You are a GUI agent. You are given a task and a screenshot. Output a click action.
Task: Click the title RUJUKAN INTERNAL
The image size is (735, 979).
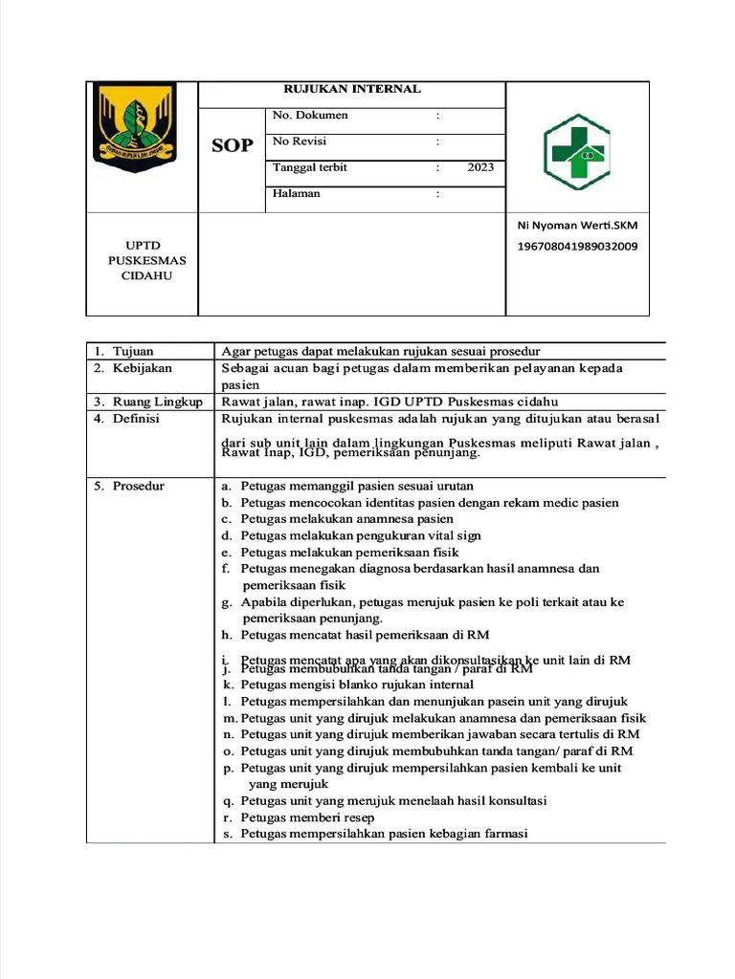pyautogui.click(x=351, y=89)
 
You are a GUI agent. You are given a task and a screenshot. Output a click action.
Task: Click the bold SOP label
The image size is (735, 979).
pyautogui.click(x=233, y=145)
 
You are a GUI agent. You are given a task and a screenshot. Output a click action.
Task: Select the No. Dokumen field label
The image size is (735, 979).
pyautogui.click(x=310, y=116)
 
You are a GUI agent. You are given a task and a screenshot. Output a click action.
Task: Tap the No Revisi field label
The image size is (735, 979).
pyautogui.click(x=300, y=141)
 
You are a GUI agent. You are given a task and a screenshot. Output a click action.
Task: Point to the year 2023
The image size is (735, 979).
pyautogui.click(x=480, y=167)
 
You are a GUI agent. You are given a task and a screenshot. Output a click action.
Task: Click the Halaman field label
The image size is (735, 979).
pyautogui.click(x=297, y=193)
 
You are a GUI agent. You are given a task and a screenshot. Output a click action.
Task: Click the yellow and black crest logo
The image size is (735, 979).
pyautogui.click(x=135, y=127)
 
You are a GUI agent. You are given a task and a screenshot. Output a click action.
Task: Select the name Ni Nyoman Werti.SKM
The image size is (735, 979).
pyautogui.click(x=576, y=226)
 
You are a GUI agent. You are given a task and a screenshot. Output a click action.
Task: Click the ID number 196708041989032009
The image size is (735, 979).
pyautogui.click(x=577, y=247)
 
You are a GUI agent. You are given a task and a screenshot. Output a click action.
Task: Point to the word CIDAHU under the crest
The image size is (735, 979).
pyautogui.click(x=146, y=276)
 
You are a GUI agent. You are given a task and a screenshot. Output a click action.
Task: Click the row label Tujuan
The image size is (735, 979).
pyautogui.click(x=133, y=352)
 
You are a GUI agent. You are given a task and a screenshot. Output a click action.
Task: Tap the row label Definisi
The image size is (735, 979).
pyautogui.click(x=136, y=419)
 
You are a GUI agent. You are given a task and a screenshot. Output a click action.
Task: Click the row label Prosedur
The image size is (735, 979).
pyautogui.click(x=138, y=486)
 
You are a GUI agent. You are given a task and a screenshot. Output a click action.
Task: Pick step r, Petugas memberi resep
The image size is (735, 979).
pyautogui.click(x=306, y=817)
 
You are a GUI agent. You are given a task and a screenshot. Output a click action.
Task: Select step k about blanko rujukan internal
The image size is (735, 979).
pyautogui.click(x=356, y=685)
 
